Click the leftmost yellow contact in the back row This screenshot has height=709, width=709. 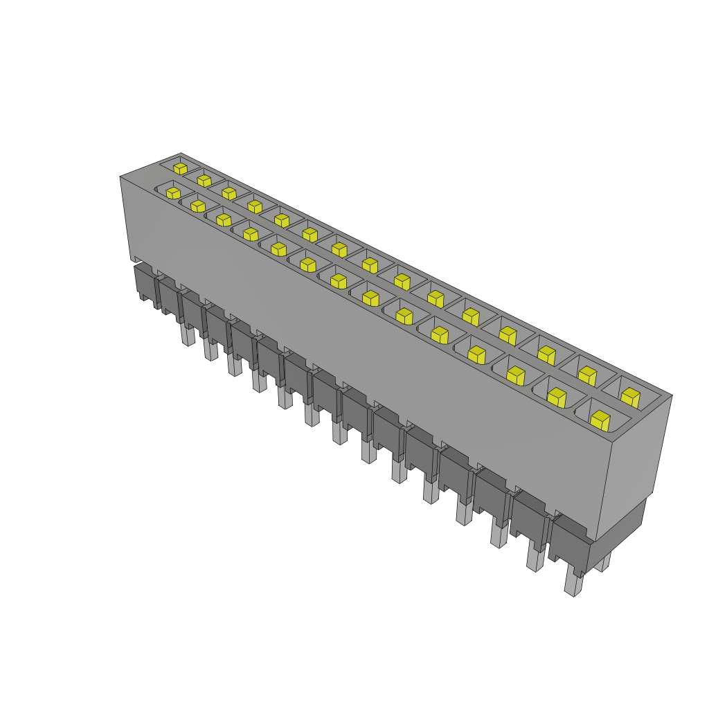180,168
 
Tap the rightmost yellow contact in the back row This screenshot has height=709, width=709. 630,397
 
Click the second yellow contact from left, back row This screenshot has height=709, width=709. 204,181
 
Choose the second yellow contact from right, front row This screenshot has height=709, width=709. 557,397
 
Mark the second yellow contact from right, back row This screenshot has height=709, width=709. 587,375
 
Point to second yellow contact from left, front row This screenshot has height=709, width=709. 198,206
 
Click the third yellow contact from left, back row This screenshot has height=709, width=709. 229,193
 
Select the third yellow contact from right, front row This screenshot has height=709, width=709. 514,375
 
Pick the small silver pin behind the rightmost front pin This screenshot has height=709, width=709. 605,562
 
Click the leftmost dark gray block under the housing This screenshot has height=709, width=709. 144,284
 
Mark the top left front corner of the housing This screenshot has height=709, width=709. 120,177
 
